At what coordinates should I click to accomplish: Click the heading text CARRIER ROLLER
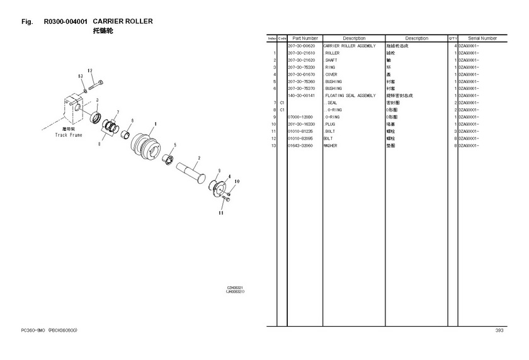[x=123, y=21]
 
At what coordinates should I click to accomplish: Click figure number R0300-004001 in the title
[x=66, y=21]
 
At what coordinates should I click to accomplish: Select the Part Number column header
[x=305, y=38]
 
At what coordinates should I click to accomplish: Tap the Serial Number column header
[x=482, y=38]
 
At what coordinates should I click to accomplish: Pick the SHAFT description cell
[x=331, y=60]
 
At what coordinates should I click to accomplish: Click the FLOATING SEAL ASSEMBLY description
[x=350, y=96]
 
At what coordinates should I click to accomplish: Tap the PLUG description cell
[x=331, y=124]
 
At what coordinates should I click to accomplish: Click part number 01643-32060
[x=301, y=145]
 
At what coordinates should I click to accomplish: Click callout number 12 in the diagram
[x=90, y=70]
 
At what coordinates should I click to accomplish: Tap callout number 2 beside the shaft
[x=198, y=158]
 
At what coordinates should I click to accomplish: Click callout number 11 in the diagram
[x=221, y=213]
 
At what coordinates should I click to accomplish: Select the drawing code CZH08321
[x=235, y=288]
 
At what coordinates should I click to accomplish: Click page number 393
[x=499, y=330]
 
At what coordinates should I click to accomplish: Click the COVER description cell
[x=331, y=74]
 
